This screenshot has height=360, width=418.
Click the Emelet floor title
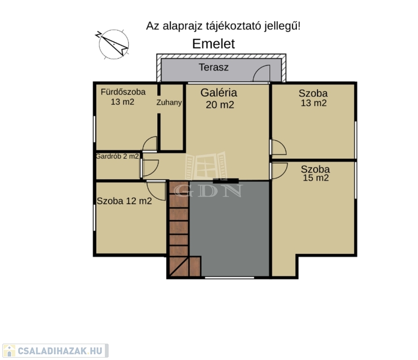click(x=213, y=44)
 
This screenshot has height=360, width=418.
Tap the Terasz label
click(x=213, y=67)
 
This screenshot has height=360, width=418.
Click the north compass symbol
click(x=114, y=44)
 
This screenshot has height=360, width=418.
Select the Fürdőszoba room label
click(x=123, y=92)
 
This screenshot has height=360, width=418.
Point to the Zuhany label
click(x=169, y=103)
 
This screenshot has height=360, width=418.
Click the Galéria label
click(x=219, y=93)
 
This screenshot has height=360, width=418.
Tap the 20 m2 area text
click(x=220, y=105)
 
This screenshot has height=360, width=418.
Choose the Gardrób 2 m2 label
click(x=117, y=156)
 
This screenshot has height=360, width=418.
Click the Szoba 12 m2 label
click(x=124, y=201)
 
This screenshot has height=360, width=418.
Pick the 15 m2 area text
click(x=316, y=178)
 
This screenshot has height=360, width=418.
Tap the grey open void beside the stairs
click(x=229, y=229)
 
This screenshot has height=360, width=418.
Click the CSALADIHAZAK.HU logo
click(x=55, y=351)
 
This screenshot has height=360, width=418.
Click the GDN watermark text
click(x=208, y=190)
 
